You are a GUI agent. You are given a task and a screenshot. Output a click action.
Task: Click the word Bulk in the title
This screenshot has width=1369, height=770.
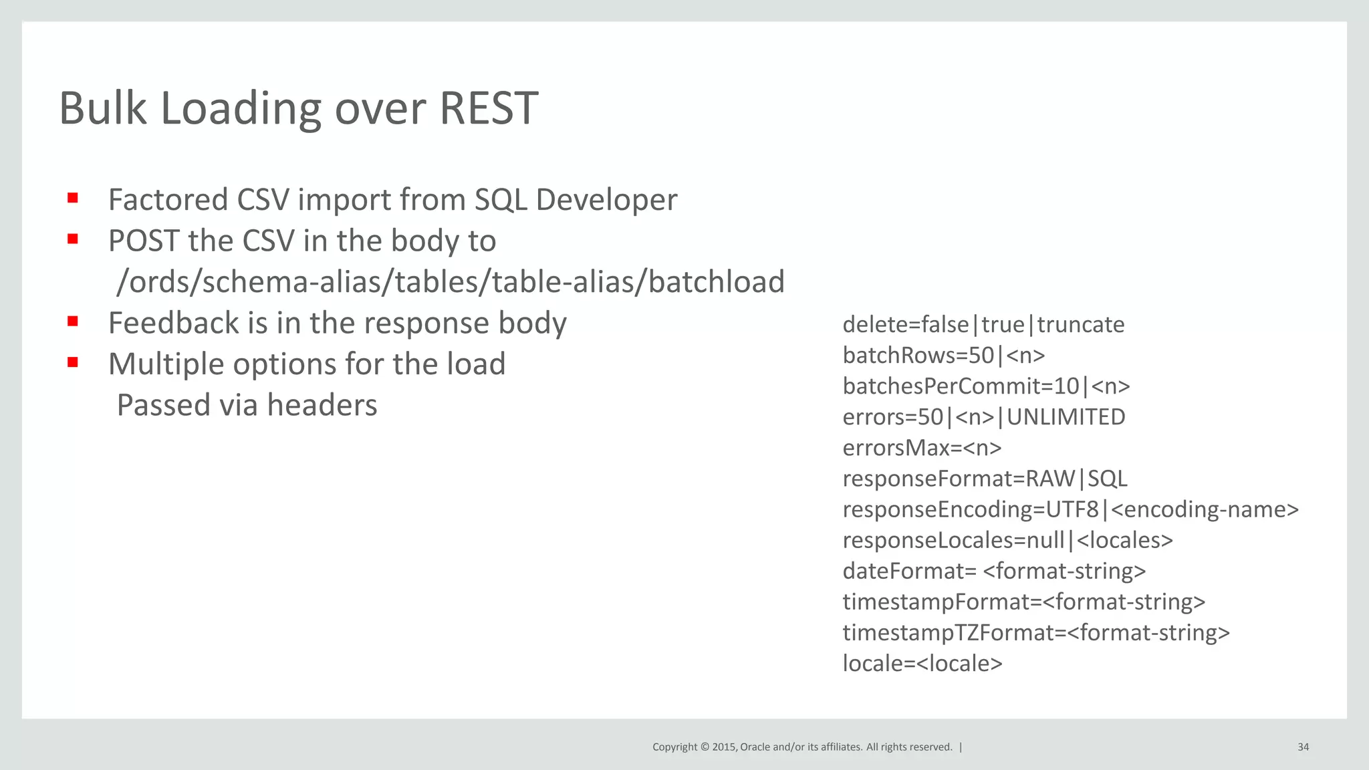point(102,108)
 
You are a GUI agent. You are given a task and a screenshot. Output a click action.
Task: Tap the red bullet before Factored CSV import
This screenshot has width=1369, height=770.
point(73,198)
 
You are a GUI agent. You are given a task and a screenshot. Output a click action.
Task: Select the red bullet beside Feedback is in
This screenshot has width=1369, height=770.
point(73,322)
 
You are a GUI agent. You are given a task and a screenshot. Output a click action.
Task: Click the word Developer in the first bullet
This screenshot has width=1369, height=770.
point(606,200)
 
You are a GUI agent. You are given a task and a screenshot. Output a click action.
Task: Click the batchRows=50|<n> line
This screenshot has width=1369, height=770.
point(943,356)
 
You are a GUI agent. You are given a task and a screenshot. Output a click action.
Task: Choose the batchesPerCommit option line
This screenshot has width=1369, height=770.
point(986,386)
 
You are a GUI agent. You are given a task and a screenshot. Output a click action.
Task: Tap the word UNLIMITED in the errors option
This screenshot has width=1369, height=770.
point(1066,417)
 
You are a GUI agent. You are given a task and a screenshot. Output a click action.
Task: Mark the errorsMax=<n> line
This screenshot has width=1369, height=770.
point(922,448)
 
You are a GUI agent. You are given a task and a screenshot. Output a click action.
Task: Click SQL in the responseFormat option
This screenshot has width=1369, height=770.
point(1107,479)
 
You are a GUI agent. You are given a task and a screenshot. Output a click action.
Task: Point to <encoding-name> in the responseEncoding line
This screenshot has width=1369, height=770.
point(1204,509)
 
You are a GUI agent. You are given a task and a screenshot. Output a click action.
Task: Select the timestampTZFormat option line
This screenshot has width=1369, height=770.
point(1035,632)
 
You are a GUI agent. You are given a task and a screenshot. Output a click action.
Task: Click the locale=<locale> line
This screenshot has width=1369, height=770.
point(922,663)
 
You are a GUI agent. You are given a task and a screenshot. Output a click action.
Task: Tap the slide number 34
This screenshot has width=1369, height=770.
point(1303,747)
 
